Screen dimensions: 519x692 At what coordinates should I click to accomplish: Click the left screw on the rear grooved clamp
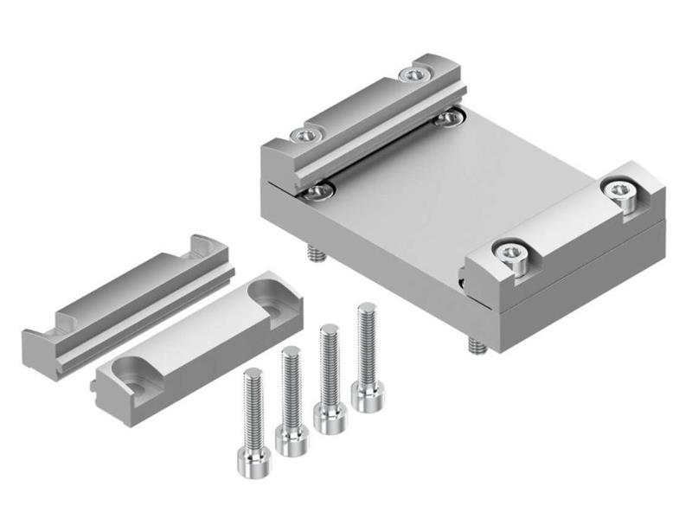click(x=303, y=134)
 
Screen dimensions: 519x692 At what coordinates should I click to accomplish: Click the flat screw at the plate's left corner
click(x=319, y=189)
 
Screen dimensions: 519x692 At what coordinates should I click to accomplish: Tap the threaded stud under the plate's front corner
click(x=474, y=344)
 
